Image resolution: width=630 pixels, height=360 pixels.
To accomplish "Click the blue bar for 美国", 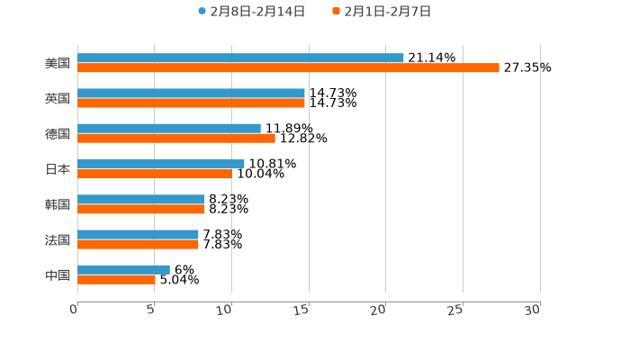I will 240,58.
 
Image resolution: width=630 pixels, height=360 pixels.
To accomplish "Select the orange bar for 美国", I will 288,68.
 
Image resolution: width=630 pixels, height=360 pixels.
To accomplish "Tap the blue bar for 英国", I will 191,94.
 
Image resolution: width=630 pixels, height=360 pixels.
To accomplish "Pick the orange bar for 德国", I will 176,139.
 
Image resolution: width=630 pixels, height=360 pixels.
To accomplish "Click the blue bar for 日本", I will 161,164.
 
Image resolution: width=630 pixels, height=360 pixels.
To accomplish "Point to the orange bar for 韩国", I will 141,209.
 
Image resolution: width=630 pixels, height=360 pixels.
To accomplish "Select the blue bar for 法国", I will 138,234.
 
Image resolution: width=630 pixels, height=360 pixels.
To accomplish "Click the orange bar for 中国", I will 116,279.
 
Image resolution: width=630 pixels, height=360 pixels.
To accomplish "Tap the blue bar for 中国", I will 123,269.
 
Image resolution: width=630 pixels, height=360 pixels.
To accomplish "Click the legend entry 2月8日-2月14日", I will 252,12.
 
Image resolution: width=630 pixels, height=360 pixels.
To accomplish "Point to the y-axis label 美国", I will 58,64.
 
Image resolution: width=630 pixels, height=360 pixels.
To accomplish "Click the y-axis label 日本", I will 58,169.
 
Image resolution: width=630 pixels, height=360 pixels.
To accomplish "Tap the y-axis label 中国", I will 58,274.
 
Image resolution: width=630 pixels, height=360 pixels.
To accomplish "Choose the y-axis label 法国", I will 58,239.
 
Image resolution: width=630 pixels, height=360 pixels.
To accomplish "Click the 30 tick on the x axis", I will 532,309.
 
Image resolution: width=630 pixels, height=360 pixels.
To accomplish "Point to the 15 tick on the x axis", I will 301,309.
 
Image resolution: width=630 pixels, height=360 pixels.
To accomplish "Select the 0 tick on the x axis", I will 75,309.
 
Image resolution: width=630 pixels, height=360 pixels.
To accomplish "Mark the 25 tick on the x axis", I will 455,309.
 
